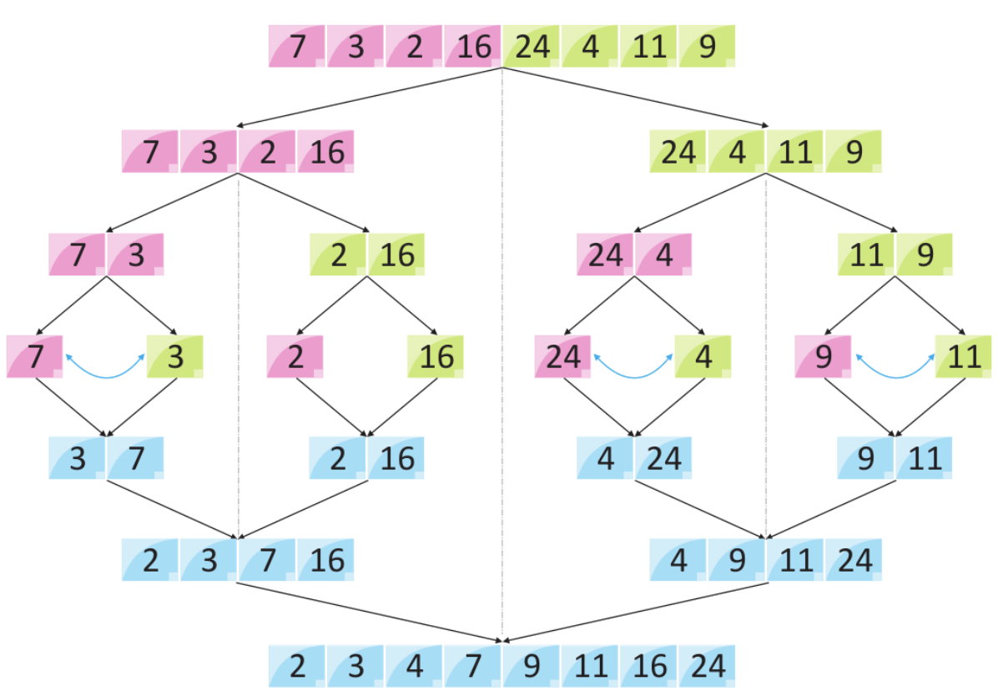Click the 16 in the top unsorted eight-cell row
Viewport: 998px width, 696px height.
click(x=473, y=47)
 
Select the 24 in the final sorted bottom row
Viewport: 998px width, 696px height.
click(x=707, y=666)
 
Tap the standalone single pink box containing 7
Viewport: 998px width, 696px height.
click(x=34, y=357)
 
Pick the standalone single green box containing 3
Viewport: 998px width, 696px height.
click(x=174, y=357)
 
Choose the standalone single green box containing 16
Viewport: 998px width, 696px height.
click(x=436, y=357)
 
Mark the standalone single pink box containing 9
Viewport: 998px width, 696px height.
click(x=823, y=357)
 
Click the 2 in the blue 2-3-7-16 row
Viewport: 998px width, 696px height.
click(x=150, y=560)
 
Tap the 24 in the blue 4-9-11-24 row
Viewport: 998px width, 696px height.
click(x=854, y=560)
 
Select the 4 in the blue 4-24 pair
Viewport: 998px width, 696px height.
click(x=605, y=458)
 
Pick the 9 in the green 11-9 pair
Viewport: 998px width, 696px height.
click(x=925, y=255)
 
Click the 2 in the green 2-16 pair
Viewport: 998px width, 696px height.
click(x=338, y=255)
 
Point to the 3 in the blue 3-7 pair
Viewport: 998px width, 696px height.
click(x=78, y=458)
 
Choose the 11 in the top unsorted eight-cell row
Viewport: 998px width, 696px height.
click(x=648, y=47)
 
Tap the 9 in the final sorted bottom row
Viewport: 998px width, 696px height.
click(x=532, y=666)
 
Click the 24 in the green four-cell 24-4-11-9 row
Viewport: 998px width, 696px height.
click(x=678, y=153)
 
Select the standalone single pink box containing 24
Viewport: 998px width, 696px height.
click(x=562, y=357)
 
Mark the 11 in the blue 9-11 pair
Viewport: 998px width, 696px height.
click(x=925, y=458)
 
